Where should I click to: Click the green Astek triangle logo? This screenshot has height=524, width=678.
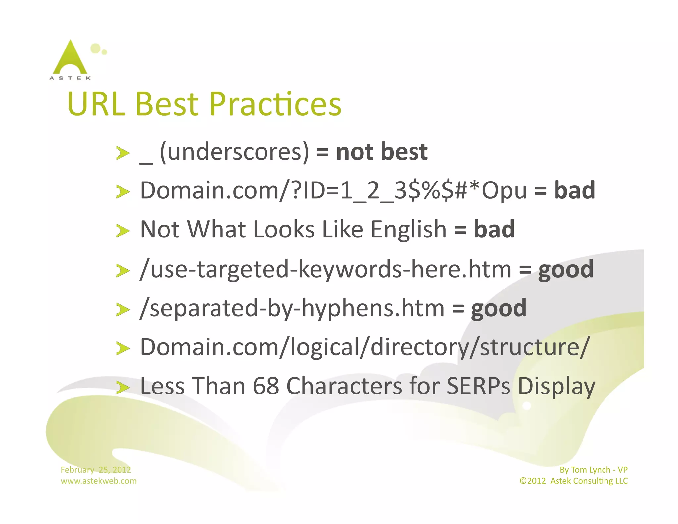70,58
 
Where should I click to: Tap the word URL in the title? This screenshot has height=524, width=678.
96,104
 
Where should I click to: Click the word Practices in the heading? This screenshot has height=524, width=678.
275,104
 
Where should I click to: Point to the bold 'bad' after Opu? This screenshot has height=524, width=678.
574,190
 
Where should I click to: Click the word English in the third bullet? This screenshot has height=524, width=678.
409,229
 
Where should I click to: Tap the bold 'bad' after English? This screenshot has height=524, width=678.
494,229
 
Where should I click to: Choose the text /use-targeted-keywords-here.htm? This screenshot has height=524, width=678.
326,269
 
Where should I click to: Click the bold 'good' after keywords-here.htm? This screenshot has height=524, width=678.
565,269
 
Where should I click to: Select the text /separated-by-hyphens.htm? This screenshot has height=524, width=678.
292,308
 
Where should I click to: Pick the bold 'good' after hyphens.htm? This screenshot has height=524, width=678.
499,308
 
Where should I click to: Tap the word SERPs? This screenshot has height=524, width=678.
478,386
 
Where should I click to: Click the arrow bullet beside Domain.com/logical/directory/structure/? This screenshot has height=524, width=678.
123,348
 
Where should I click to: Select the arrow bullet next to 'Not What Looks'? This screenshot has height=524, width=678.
123,231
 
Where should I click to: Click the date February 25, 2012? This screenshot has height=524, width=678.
96,470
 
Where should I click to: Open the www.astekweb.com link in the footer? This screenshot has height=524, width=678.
98,481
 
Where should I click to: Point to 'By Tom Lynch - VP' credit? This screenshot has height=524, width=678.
593,470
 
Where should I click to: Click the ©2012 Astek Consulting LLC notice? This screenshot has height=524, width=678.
573,481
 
